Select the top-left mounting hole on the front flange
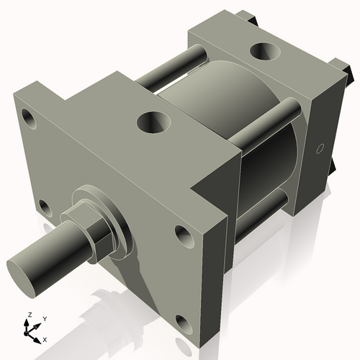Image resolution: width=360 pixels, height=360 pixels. coord(30,115)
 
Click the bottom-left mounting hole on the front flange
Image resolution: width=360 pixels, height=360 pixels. coord(45,208)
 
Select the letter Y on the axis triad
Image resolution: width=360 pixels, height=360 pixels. coord(44,318)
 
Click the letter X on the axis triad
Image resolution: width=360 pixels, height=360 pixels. coord(45,338)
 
